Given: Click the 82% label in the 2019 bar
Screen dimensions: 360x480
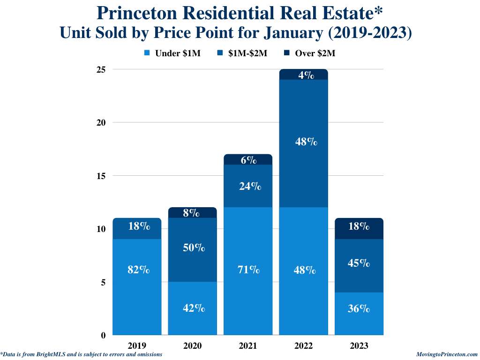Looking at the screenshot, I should point(139,270).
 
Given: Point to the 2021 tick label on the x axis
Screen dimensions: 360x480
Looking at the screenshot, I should point(248,346).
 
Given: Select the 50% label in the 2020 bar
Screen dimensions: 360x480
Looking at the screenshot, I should point(194,248).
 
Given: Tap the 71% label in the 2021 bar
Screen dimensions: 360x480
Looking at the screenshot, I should point(249,270).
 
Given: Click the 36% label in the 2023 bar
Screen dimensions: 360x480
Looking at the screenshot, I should point(359,309).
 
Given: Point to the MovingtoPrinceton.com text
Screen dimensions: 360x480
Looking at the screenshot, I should point(447,355).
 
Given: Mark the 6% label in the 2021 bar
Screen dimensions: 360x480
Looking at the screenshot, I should point(249,160).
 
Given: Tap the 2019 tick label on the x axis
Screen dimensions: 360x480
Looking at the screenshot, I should point(137,346).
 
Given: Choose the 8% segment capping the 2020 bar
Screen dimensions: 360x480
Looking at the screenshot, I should point(193,213).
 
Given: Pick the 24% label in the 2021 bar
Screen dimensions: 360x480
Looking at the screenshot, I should point(249,186).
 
